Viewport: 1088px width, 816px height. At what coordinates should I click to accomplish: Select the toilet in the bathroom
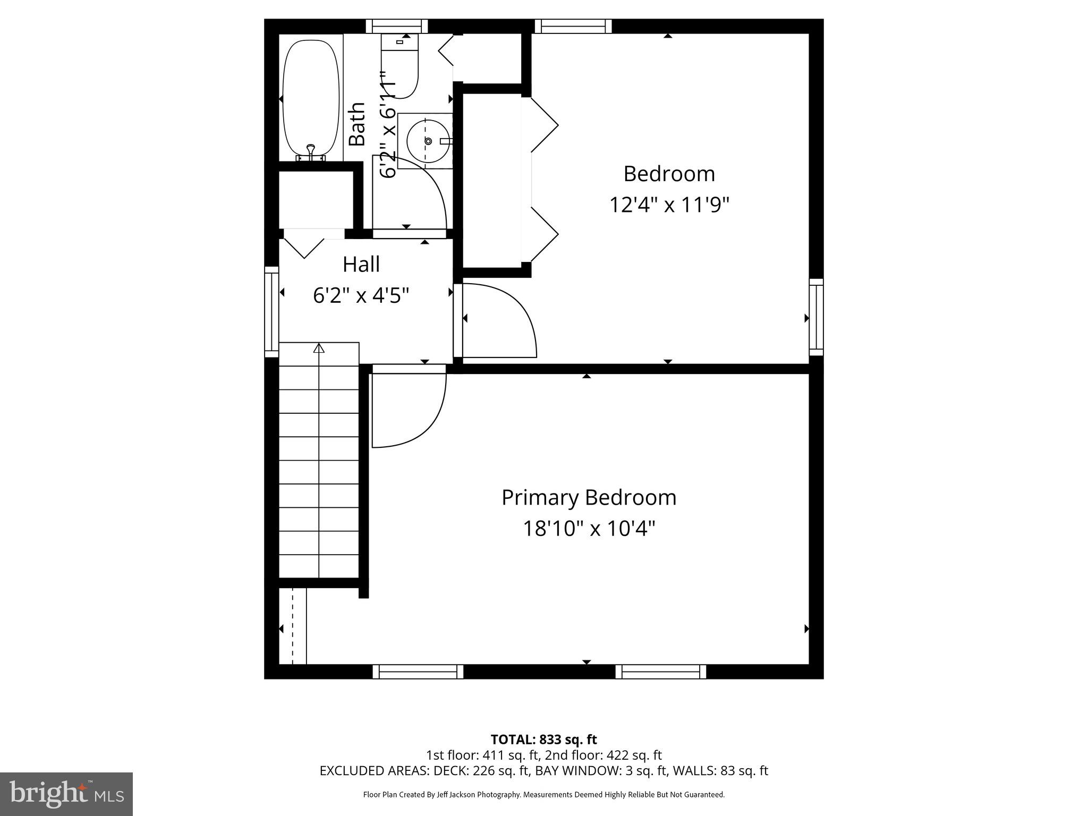click(400, 66)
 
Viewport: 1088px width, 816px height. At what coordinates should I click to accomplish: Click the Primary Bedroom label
click(589, 498)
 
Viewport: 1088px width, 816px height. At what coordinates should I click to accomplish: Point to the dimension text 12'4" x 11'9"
click(669, 205)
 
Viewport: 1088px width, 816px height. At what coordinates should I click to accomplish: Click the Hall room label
click(361, 264)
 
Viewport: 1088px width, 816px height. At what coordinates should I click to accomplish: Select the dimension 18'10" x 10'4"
click(589, 529)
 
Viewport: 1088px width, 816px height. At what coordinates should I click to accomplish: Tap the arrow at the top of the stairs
click(319, 348)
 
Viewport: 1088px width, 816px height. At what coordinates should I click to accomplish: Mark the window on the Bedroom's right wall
click(816, 317)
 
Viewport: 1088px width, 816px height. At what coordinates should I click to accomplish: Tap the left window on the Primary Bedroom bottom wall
click(418, 671)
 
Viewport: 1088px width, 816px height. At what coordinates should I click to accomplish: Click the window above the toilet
click(396, 26)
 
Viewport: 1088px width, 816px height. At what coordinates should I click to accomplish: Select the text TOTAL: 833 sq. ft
click(543, 739)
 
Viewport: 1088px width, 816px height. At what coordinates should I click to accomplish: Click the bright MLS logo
click(66, 794)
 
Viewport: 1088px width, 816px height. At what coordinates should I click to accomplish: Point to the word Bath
click(358, 124)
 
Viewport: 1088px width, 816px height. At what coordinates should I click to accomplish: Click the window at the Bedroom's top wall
click(573, 26)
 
